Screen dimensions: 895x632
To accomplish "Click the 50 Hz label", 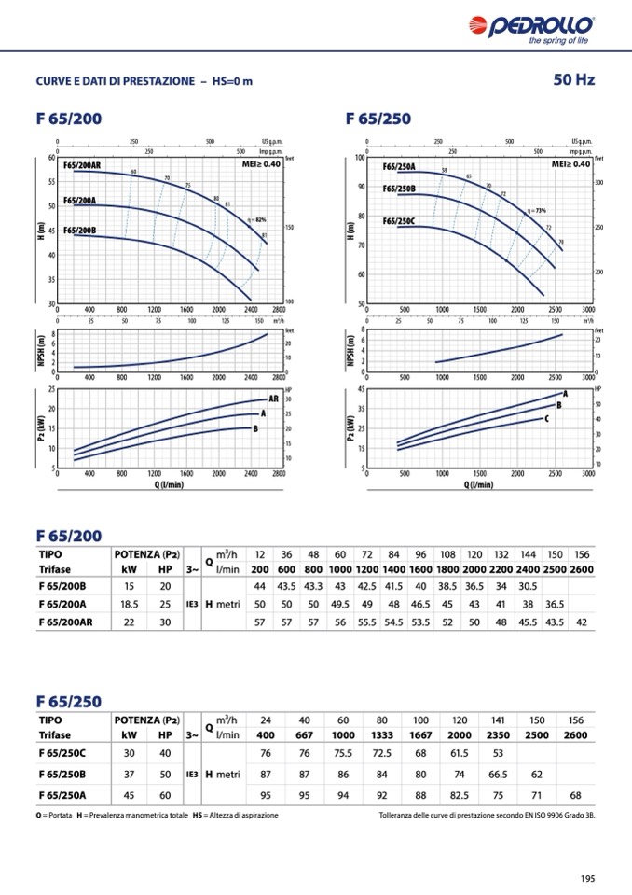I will click(573, 80).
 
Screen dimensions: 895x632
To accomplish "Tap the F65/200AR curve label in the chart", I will click(83, 165).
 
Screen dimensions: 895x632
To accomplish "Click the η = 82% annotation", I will click(257, 219).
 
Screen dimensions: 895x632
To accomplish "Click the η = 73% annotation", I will click(536, 211).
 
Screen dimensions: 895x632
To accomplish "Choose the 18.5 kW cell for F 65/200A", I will click(129, 604).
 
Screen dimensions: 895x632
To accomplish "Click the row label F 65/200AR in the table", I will click(70, 622).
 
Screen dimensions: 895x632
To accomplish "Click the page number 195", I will click(586, 877).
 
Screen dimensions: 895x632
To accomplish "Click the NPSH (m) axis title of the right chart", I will click(350, 348).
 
